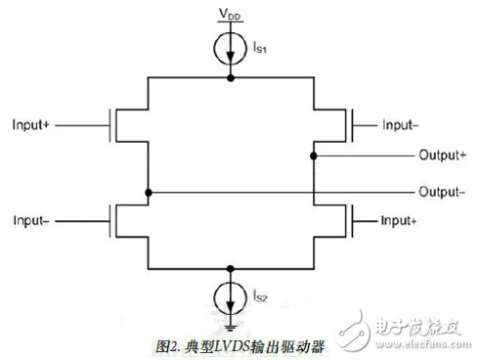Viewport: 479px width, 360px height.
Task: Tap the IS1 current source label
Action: (258, 46)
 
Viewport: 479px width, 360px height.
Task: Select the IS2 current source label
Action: (258, 292)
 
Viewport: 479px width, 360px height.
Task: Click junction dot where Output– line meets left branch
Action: (147, 192)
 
